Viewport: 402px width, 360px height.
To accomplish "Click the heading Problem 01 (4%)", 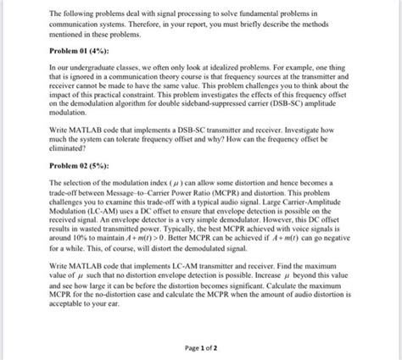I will [x=81, y=51].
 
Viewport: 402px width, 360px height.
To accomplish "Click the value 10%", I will [x=86, y=246].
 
